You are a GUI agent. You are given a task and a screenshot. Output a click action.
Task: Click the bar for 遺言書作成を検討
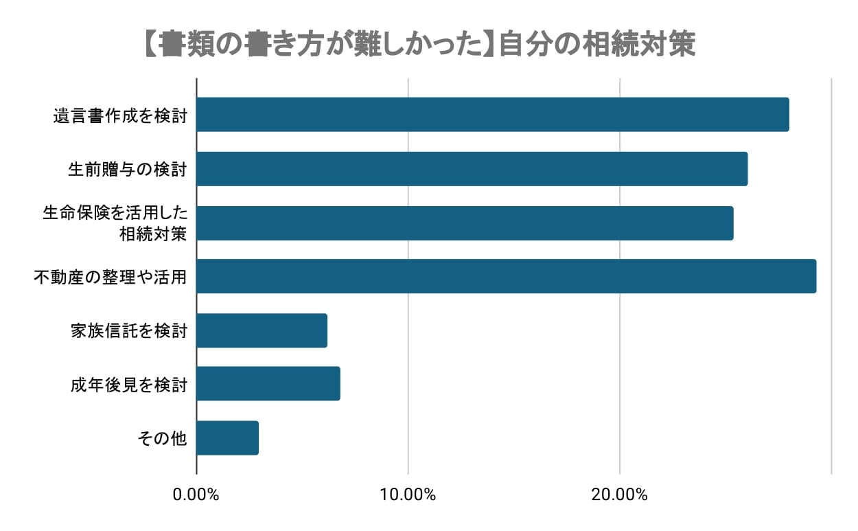pos(493,115)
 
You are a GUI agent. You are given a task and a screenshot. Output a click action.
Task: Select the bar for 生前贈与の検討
pos(472,169)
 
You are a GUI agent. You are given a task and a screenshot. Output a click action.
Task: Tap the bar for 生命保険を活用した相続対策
pos(465,223)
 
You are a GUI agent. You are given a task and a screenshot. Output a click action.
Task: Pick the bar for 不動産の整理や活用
pos(507,276)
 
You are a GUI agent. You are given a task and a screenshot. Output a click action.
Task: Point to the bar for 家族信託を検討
pos(262,330)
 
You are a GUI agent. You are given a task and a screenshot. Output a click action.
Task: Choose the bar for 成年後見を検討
pos(268,384)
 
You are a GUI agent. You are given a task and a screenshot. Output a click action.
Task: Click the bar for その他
pos(228,438)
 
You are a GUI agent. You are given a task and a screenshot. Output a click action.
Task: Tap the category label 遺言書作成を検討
pos(120,115)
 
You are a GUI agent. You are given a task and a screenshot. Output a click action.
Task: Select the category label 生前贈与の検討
pos(128,169)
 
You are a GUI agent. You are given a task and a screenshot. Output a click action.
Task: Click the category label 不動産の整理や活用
pos(111,277)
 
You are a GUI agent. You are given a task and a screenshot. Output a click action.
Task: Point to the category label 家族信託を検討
pos(128,331)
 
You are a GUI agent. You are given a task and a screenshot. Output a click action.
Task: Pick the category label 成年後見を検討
pos(128,385)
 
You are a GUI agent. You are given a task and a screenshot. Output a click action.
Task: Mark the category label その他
pos(162,438)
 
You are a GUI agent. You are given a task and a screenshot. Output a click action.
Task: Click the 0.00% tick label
pos(197,495)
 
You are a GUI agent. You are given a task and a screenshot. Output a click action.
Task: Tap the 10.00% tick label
pos(408,495)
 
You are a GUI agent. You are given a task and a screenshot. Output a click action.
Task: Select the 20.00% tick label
pos(620,495)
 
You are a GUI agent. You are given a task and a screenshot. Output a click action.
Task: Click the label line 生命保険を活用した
pos(115,213)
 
